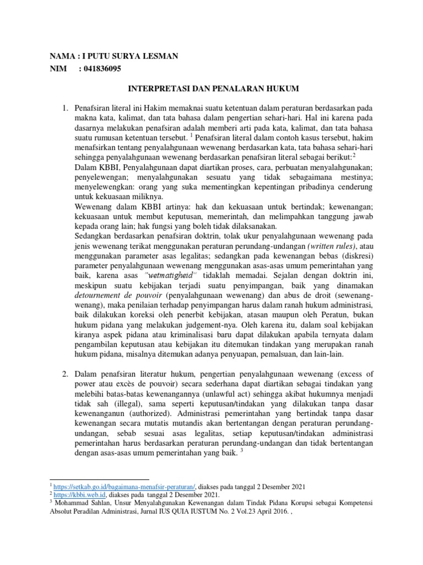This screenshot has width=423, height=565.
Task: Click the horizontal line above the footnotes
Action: pyautogui.click(x=99, y=479)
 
